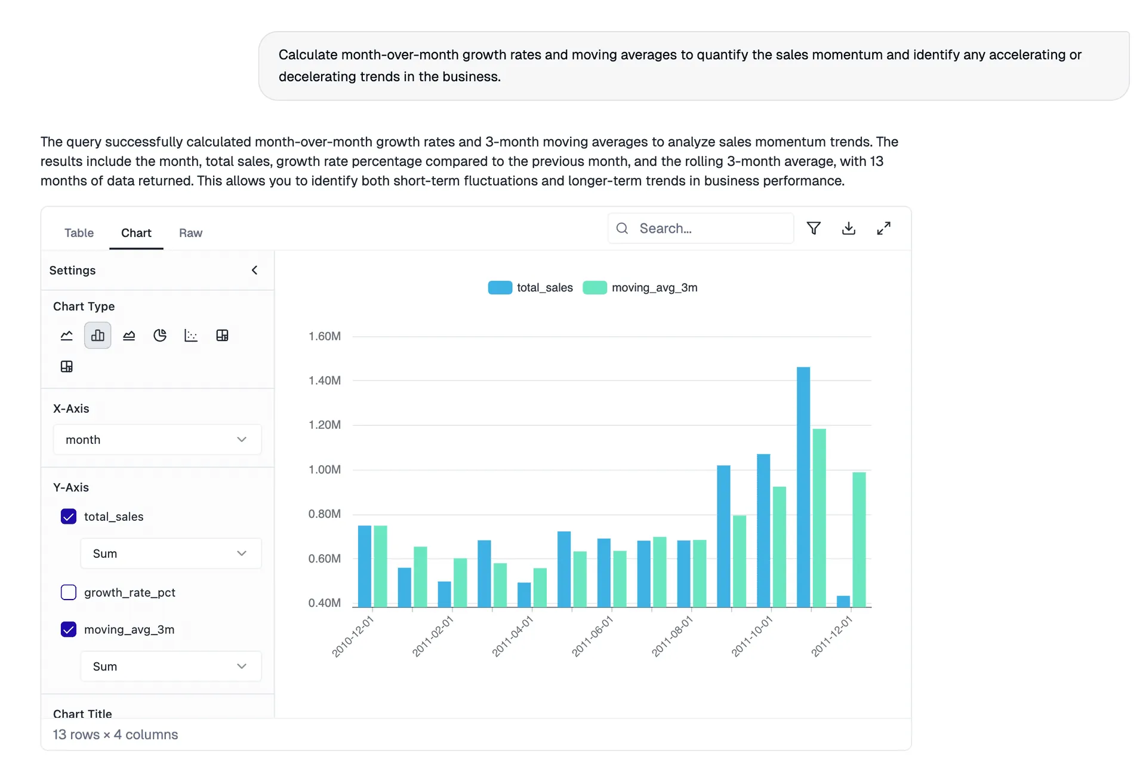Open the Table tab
point(79,233)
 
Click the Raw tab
point(190,233)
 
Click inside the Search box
point(710,228)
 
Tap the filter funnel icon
point(814,228)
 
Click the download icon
point(848,228)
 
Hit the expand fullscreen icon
point(883,228)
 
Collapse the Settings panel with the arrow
point(255,270)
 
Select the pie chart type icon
point(160,335)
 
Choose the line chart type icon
point(67,335)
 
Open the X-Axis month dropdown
point(157,440)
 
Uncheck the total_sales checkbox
point(69,517)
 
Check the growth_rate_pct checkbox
point(69,592)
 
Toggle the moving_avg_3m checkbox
point(69,629)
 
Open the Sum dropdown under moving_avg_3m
point(171,666)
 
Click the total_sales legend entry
point(531,288)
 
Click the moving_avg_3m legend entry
point(640,288)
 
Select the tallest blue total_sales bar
point(803,487)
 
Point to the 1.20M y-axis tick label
point(325,425)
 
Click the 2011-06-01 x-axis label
point(592,637)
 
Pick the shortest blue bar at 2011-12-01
point(843,601)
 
